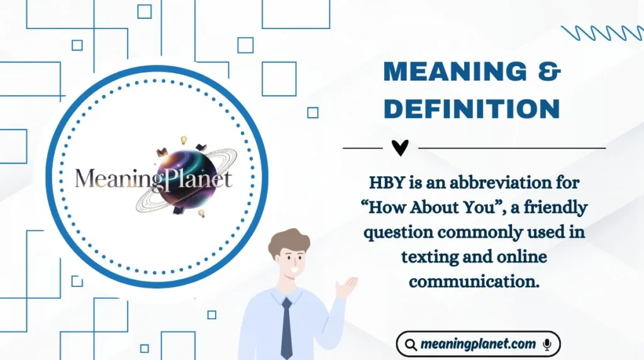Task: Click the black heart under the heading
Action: pyautogui.click(x=400, y=148)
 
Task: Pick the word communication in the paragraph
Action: pyautogui.click(x=474, y=281)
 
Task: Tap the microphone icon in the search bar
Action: pyautogui.click(x=547, y=344)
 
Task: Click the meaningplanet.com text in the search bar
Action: pyautogui.click(x=479, y=344)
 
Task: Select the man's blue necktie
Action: pyautogui.click(x=286, y=327)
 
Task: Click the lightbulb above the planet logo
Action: pyautogui.click(x=184, y=140)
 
